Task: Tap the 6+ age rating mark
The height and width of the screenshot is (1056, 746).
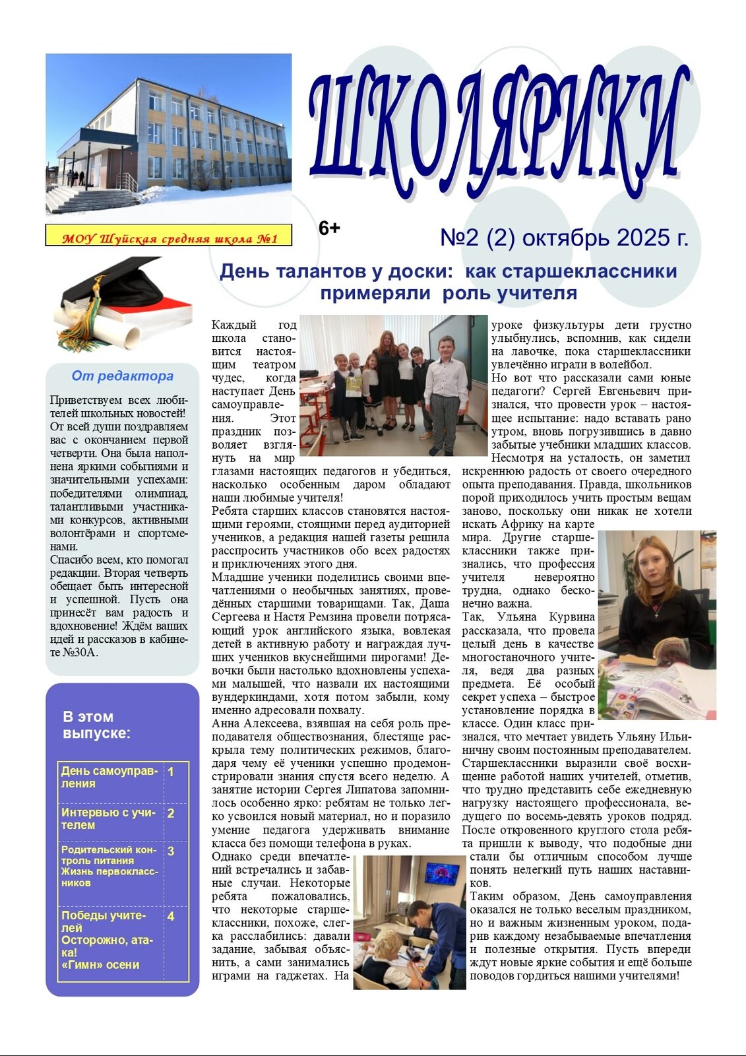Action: coord(329,228)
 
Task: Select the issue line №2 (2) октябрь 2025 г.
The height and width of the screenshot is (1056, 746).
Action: coord(564,238)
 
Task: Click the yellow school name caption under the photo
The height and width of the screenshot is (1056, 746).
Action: coord(169,238)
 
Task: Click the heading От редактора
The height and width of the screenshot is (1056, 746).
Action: coord(123,376)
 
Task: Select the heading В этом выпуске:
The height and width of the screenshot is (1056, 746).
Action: coord(96,725)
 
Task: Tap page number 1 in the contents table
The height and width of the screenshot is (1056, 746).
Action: coord(171,772)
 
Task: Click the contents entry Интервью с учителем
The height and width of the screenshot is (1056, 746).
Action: coord(108,818)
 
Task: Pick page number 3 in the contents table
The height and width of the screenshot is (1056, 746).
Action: coord(171,851)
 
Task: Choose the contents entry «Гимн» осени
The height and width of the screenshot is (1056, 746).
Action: coord(100,964)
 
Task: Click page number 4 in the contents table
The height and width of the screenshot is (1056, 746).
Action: coord(171,916)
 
